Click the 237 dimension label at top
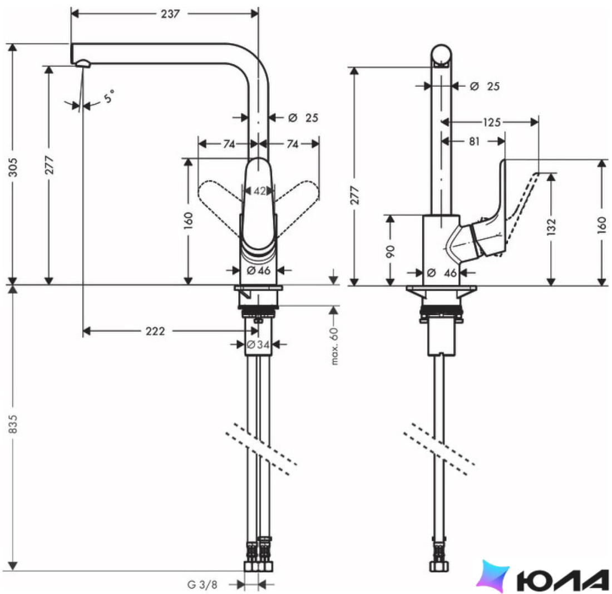coord(170,14)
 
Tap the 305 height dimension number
coord(13,167)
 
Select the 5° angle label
coord(109,96)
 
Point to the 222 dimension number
coord(155,331)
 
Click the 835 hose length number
coord(13,424)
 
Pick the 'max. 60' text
coord(334,346)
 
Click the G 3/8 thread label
coord(202,585)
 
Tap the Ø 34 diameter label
coord(258,345)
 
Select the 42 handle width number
coord(260,191)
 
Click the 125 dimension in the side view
coord(492,122)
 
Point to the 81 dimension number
coord(474,142)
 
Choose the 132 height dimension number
coord(551,227)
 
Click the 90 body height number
coord(391,251)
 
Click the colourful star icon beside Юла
coord(492,577)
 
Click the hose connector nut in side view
coord(439,566)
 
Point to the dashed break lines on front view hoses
coord(261,449)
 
